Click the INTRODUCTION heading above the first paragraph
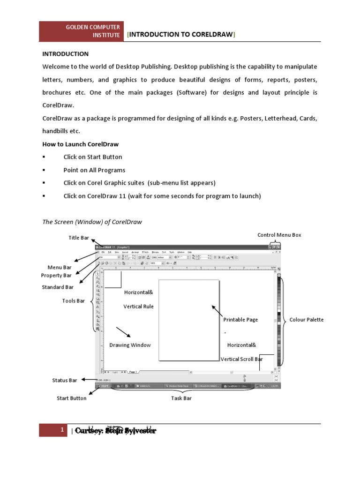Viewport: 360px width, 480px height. [x=66, y=54]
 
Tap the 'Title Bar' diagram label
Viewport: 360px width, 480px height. [x=79, y=238]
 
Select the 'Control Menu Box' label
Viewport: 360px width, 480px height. [x=279, y=235]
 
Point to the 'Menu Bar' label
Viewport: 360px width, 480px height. [x=60, y=268]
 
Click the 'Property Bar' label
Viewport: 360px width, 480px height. [x=56, y=276]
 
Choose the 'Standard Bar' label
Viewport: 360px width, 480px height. [x=58, y=287]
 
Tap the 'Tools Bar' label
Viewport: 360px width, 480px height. [x=74, y=301]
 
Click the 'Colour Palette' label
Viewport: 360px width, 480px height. [x=307, y=320]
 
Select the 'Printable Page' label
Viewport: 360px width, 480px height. [x=240, y=320]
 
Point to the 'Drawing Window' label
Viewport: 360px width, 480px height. [x=130, y=345]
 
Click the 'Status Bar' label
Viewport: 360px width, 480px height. [x=65, y=381]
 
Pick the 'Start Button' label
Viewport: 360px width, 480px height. [x=72, y=398]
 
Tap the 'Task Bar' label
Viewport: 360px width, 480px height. [x=181, y=398]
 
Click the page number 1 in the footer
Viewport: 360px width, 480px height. [x=62, y=430]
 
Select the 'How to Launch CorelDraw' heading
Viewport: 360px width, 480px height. [x=80, y=144]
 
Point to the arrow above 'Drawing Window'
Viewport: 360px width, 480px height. [x=123, y=332]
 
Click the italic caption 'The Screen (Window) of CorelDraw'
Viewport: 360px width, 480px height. [x=92, y=222]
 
